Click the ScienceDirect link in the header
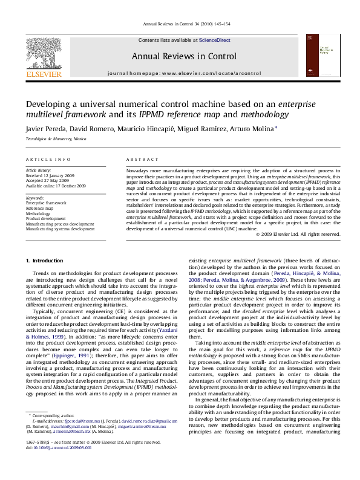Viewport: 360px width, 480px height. pyautogui.click(x=215, y=39)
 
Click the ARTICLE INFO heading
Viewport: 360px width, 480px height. pyautogui.click(x=48, y=159)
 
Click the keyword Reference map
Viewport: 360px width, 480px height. pyautogui.click(x=40, y=209)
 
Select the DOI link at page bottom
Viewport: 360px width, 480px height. pyautogui.click(x=64, y=465)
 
